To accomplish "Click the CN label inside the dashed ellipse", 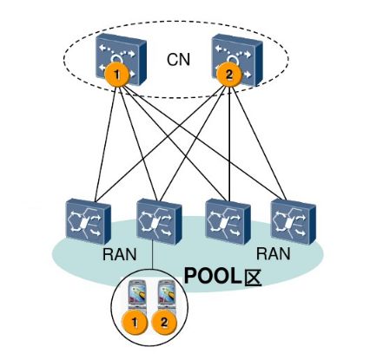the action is [178, 59].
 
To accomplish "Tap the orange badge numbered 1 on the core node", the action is [116, 75].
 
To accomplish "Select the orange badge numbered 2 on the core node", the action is [229, 75].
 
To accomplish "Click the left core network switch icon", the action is [122, 59].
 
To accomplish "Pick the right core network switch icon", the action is [237, 60].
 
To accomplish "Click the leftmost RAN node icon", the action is [89, 221].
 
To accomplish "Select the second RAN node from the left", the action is [159, 221].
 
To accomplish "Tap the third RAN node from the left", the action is [228, 221].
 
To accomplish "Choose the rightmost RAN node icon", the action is [294, 221].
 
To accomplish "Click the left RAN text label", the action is [119, 254].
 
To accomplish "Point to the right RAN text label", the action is [273, 253].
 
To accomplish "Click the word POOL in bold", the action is [213, 276].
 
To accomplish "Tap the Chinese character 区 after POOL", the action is [253, 278].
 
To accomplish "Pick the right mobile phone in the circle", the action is [166, 295].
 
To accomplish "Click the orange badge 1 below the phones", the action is [135, 323].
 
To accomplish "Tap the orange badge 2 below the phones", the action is [164, 322].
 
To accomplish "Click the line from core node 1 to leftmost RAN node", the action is [105, 144].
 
